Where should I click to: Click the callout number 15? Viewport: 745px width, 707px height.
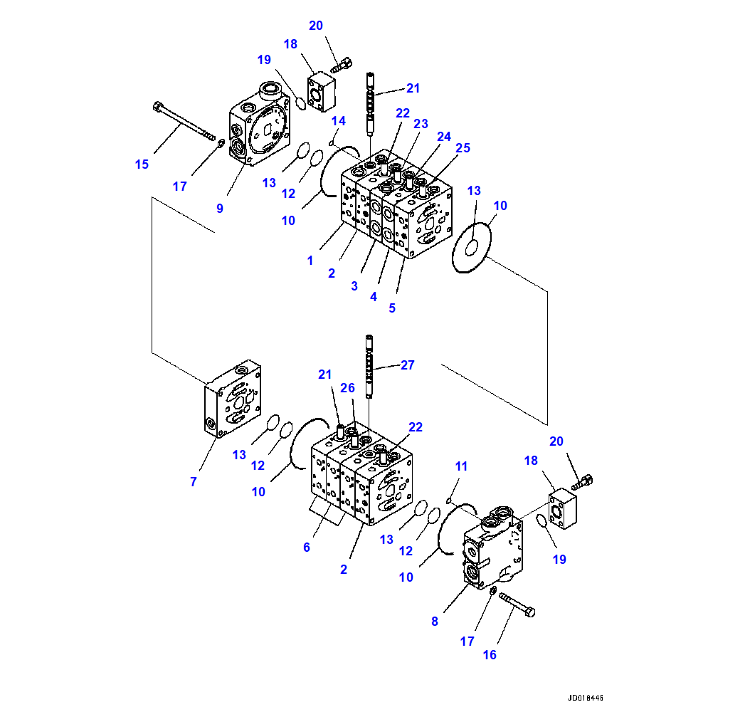coord(142,164)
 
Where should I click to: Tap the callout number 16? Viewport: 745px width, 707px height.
coord(490,655)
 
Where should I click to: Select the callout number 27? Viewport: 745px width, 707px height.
coord(407,365)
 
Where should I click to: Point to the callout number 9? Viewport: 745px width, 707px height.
coord(220,209)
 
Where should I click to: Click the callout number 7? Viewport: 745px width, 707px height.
coord(193,482)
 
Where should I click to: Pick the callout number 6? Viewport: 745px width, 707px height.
coord(307,547)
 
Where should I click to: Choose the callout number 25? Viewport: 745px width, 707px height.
coord(463,148)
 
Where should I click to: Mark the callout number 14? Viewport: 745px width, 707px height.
coord(338,120)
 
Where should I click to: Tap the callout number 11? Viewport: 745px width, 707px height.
coord(462,466)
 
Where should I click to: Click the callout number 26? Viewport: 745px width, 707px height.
coord(347,388)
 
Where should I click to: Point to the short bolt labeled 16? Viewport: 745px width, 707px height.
coord(518,604)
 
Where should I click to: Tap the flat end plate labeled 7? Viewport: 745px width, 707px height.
coord(233,400)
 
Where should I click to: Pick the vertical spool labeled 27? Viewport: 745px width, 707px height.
coord(369,367)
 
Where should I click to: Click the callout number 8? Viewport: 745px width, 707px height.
coord(435,621)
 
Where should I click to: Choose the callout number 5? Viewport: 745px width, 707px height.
coord(392,308)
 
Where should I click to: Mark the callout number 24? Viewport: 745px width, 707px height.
coord(444,136)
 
